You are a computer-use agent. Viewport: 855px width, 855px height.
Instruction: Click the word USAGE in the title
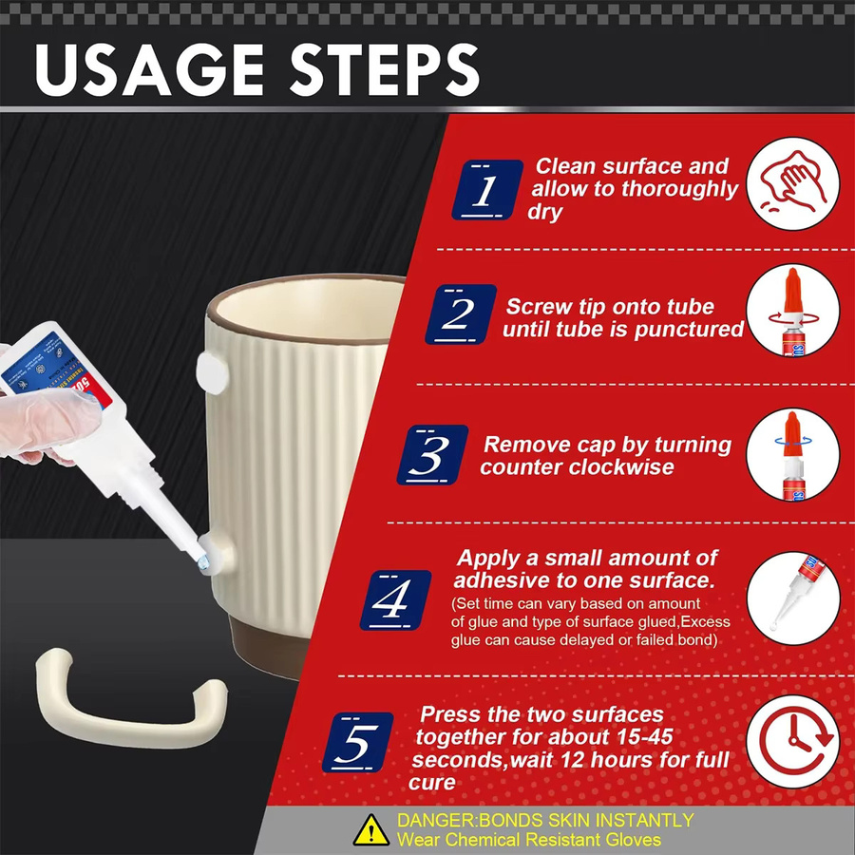pyautogui.click(x=149, y=70)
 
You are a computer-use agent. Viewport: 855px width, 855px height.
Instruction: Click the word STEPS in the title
pyautogui.click(x=385, y=70)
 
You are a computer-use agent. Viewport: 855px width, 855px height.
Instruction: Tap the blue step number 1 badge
pyautogui.click(x=487, y=190)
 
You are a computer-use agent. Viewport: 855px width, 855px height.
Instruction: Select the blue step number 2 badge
pyautogui.click(x=461, y=314)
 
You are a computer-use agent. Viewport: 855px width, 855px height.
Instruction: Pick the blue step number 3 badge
pyautogui.click(x=432, y=455)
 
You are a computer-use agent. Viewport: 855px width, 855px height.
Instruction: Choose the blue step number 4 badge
pyautogui.click(x=395, y=599)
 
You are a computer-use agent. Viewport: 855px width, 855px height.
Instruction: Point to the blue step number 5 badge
pyautogui.click(x=358, y=742)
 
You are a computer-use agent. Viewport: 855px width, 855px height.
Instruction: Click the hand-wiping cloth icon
pyautogui.click(x=793, y=183)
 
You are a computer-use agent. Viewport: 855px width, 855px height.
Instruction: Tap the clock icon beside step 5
pyautogui.click(x=793, y=742)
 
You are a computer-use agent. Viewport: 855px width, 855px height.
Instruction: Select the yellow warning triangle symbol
pyautogui.click(x=371, y=830)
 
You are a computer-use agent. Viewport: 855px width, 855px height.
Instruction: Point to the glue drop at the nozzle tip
pyautogui.click(x=203, y=561)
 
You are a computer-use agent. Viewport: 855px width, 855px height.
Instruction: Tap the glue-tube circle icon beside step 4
pyautogui.click(x=793, y=598)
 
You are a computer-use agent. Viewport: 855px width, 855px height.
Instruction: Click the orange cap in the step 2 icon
pyautogui.click(x=792, y=292)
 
